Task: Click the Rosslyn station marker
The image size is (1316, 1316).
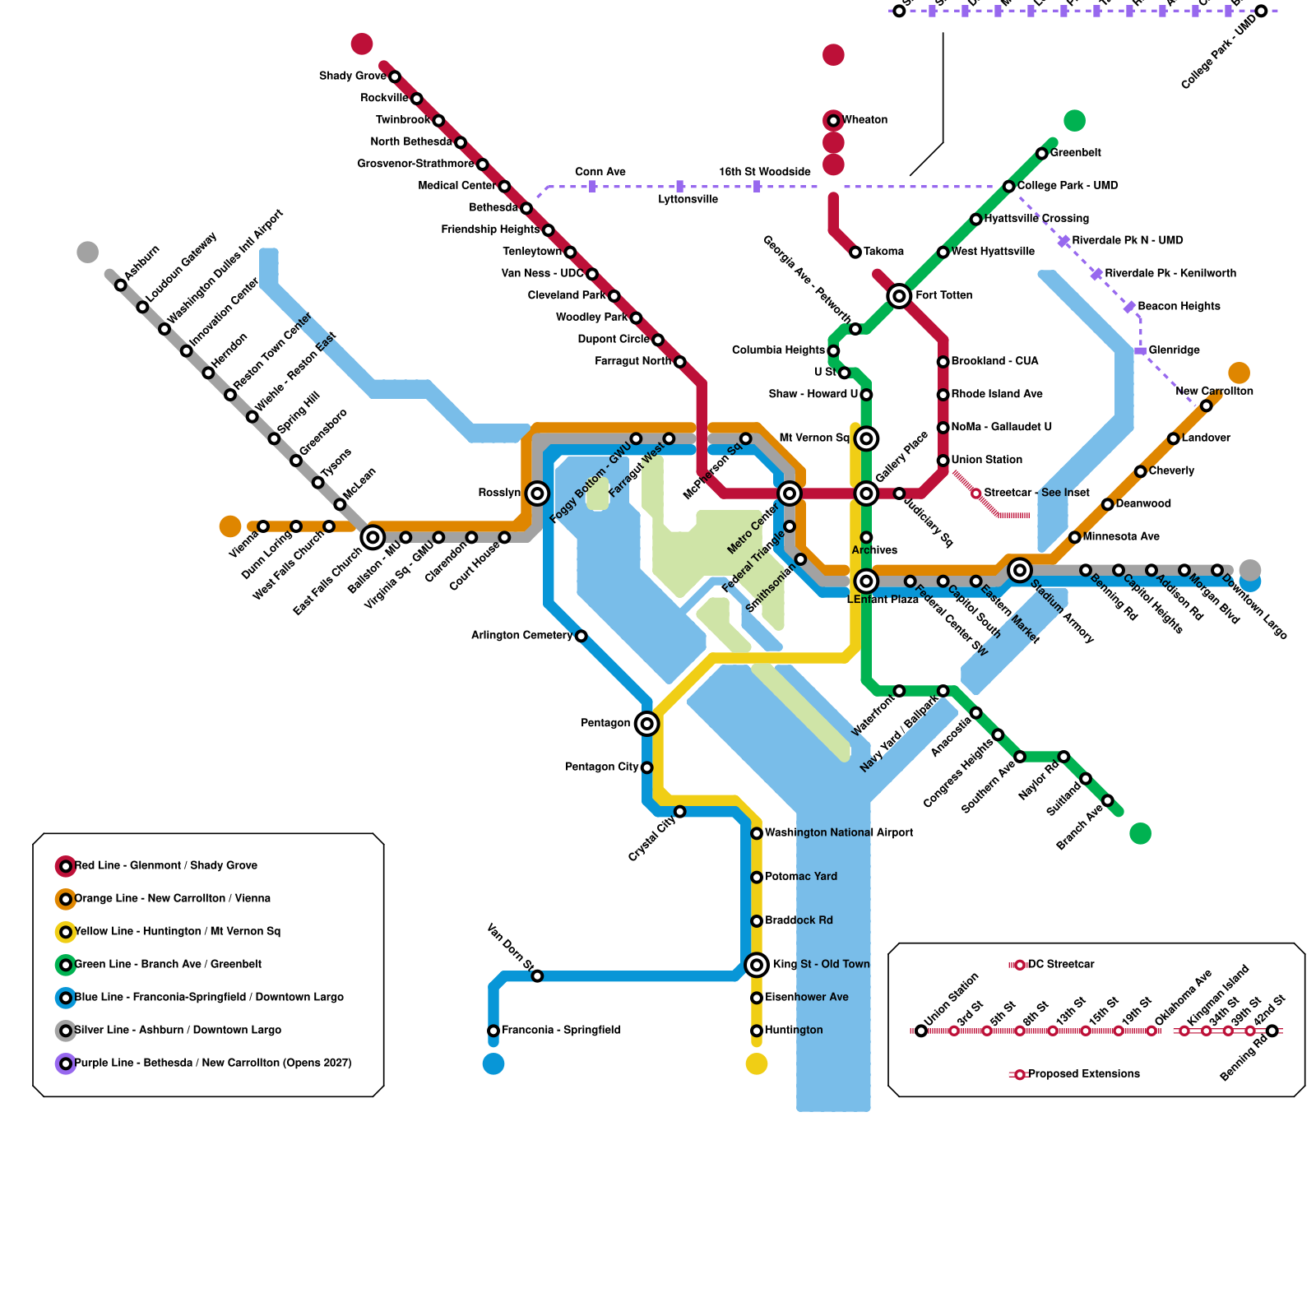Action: tap(537, 493)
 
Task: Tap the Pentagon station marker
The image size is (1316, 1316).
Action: tap(647, 724)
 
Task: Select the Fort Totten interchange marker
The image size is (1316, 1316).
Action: tap(899, 295)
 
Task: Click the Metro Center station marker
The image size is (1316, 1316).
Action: tap(790, 493)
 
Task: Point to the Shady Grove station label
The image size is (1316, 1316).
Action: tap(352, 76)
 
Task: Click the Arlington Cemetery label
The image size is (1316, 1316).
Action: tap(521, 636)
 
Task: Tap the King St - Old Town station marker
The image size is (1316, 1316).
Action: tap(757, 965)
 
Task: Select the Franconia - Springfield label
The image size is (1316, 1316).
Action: tap(561, 1031)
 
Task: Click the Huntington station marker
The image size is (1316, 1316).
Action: tap(757, 1031)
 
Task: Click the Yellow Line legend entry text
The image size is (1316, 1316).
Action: tap(177, 932)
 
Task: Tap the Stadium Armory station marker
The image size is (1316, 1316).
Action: tap(1020, 570)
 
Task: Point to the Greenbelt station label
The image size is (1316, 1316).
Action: tap(1076, 153)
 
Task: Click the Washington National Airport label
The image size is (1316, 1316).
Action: tap(839, 833)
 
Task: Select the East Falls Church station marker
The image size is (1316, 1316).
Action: tap(373, 538)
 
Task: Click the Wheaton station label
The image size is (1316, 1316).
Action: tap(865, 120)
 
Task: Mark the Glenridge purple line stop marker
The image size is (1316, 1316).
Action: tap(1140, 351)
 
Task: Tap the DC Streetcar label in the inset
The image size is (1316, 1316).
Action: tap(1061, 965)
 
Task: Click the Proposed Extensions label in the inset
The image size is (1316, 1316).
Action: tap(1084, 1074)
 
